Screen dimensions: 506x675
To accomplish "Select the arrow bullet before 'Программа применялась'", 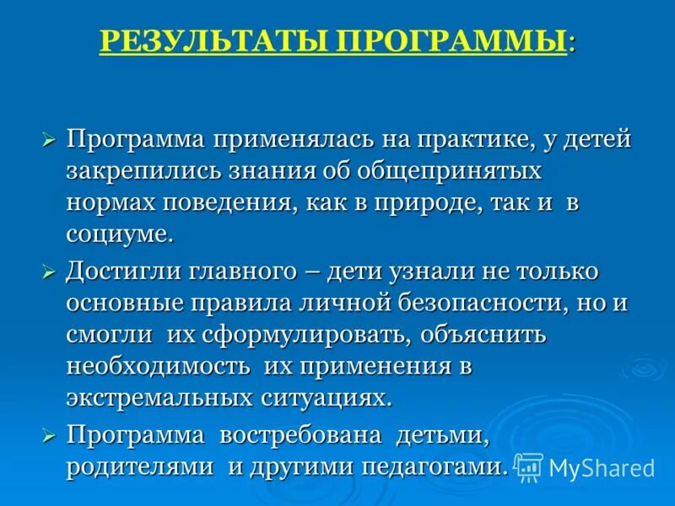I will [49, 138].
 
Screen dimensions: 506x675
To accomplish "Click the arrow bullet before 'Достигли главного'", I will [49, 272].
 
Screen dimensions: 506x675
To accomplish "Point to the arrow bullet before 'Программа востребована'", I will [49, 435].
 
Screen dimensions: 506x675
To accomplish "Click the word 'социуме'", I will [119, 235].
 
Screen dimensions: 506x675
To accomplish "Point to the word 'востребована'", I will [296, 435].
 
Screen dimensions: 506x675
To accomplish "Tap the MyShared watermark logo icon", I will [529, 466].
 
